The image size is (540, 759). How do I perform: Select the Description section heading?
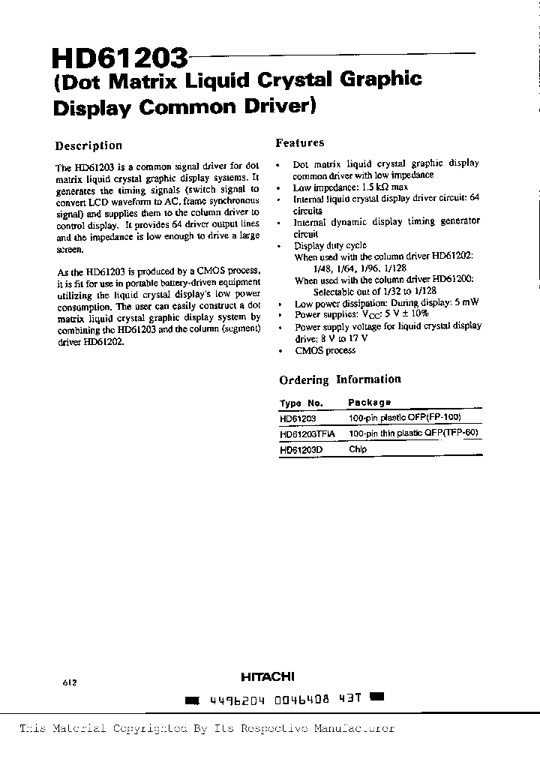(x=88, y=145)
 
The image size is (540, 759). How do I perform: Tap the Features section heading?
(x=300, y=142)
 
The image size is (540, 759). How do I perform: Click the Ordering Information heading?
(x=340, y=379)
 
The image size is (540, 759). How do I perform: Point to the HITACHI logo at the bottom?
(x=267, y=676)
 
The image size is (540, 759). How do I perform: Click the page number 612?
(x=70, y=683)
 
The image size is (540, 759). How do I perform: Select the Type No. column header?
(x=301, y=403)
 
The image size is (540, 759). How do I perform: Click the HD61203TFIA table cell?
(x=308, y=433)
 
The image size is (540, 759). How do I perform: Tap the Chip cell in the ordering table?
(x=358, y=450)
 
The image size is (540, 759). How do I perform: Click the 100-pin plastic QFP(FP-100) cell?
(x=404, y=418)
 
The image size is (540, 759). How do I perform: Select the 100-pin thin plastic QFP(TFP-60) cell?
(x=413, y=433)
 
